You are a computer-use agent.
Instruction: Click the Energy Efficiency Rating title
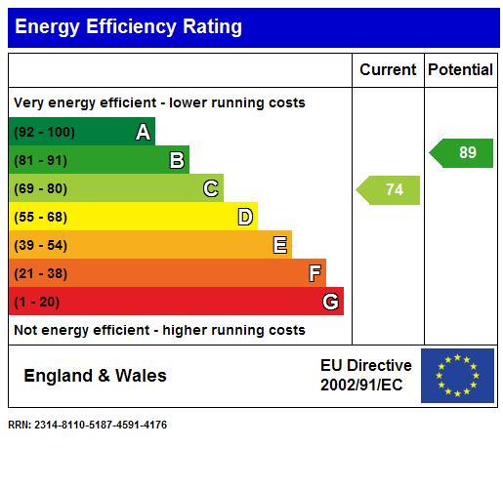point(128,27)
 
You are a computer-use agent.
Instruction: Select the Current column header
point(388,70)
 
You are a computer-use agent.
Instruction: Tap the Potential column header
point(460,70)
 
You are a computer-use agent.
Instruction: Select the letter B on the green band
point(178,161)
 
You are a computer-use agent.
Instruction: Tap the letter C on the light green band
point(211,189)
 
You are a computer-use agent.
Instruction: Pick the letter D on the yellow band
point(246,217)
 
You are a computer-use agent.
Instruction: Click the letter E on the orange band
point(280,245)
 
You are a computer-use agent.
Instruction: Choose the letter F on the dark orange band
point(314,273)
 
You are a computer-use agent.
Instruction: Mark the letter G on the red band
point(331,302)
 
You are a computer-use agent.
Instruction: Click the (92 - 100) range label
point(44,133)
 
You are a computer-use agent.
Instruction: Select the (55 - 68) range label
point(40,217)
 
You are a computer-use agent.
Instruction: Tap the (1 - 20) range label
point(36,302)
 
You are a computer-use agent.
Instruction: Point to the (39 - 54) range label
point(40,245)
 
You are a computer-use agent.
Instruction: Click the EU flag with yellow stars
point(457,376)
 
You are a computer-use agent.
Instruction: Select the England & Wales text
point(95,376)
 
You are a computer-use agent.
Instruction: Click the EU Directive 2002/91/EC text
point(365,376)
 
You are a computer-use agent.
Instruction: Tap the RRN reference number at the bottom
point(87,425)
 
